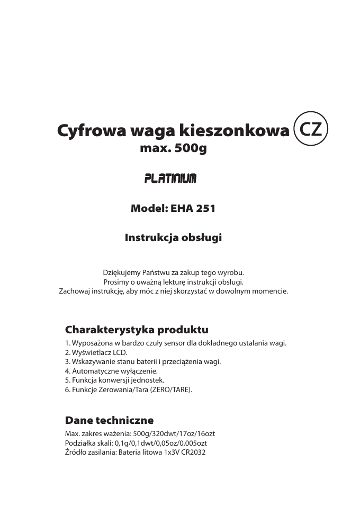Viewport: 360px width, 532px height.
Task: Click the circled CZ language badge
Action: [311, 129]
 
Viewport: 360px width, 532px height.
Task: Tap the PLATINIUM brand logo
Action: [170, 179]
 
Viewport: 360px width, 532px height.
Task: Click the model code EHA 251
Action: [192, 209]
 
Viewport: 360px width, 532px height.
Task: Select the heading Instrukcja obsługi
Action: [173, 238]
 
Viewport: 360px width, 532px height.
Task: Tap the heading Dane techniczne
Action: [109, 420]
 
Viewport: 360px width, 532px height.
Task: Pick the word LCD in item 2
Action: [121, 352]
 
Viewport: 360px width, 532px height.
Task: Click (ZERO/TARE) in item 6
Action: [172, 390]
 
